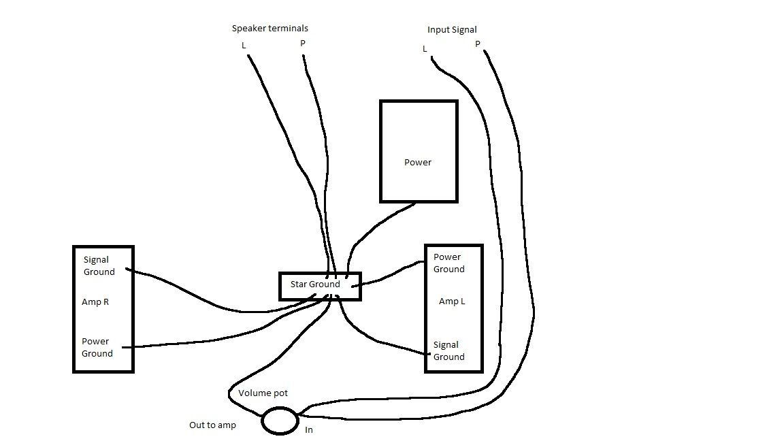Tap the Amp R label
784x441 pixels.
click(x=95, y=302)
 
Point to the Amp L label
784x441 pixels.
click(x=452, y=301)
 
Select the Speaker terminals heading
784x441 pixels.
click(x=270, y=29)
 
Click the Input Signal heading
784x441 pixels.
click(x=452, y=30)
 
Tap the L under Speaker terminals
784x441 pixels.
click(x=244, y=46)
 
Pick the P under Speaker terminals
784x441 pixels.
click(x=302, y=44)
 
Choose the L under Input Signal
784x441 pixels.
click(x=425, y=49)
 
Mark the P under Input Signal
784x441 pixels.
click(x=478, y=44)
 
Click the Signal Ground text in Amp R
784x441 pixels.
click(x=99, y=266)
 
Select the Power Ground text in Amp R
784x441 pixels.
click(x=97, y=348)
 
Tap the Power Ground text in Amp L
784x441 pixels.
click(x=449, y=263)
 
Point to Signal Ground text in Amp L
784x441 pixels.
click(x=449, y=351)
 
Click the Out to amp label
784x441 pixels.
click(x=212, y=425)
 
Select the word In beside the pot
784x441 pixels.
click(x=309, y=430)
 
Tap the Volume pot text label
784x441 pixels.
click(x=263, y=393)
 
